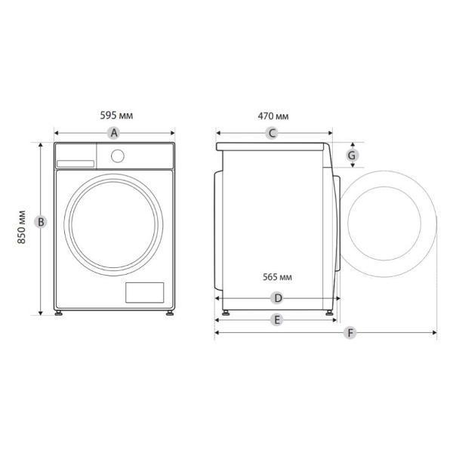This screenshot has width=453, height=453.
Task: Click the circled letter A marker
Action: pos(114,133)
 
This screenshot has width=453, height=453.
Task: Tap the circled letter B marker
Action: pos(41,222)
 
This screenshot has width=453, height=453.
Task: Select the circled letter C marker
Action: pos(272,133)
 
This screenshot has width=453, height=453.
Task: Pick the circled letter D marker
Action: pos(278,298)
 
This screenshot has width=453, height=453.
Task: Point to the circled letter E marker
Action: pos(277,320)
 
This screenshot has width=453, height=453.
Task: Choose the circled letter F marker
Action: pos(350,333)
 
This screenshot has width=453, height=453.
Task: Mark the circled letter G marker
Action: pos(352,156)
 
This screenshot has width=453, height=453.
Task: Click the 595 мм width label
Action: pos(116,116)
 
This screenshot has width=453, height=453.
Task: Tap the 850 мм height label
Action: pos(21,227)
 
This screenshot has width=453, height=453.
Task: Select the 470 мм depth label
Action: pos(273,116)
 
